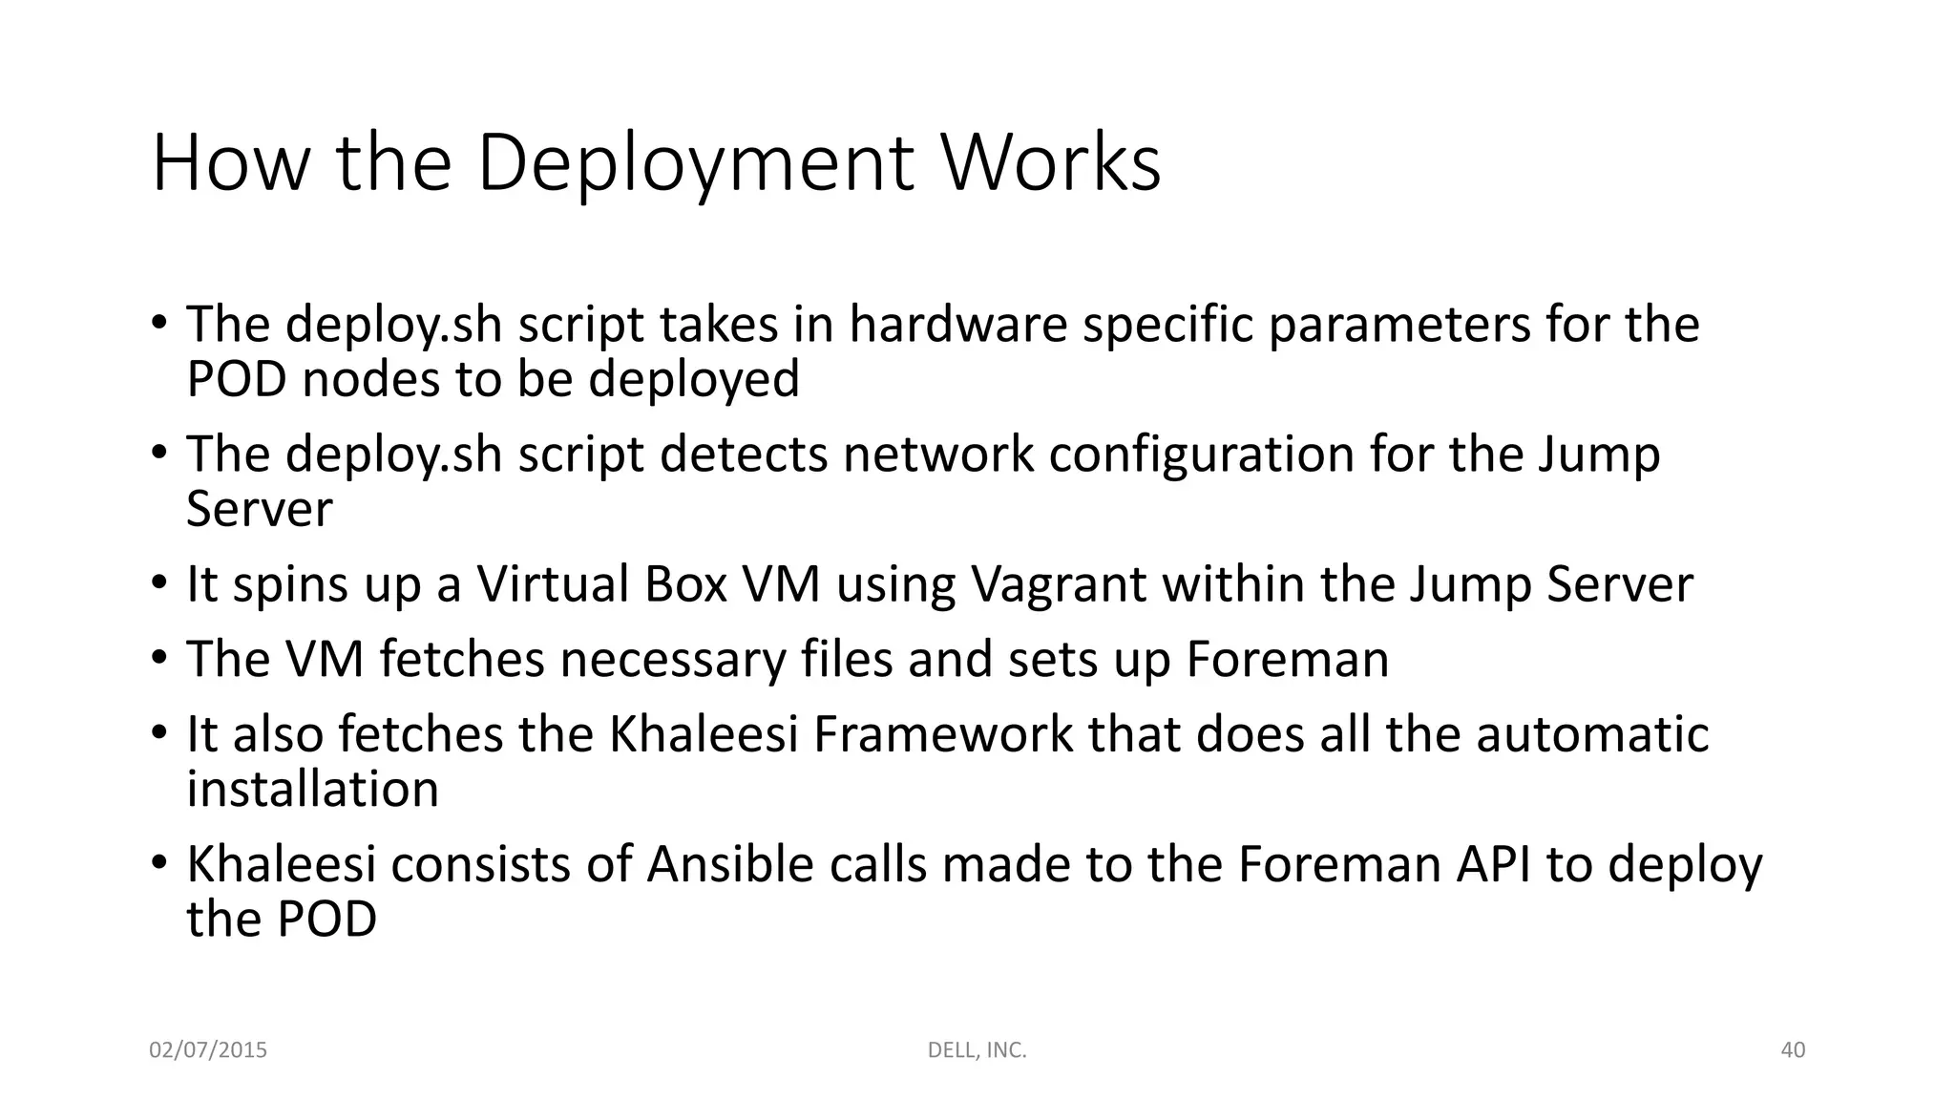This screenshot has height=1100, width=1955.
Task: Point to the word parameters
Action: pos(1399,326)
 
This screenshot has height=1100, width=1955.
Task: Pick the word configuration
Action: pos(1201,455)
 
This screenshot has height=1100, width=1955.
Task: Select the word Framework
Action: pos(943,734)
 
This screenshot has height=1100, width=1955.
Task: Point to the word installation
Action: pos(312,789)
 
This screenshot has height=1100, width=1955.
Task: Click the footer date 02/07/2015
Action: pos(208,1050)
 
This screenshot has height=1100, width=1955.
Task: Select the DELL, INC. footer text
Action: pos(977,1050)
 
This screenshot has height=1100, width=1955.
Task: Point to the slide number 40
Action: pos(1793,1050)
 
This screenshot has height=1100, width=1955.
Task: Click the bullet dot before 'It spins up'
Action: pos(158,582)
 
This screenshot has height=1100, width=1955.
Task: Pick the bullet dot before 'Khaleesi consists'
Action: pos(158,862)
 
